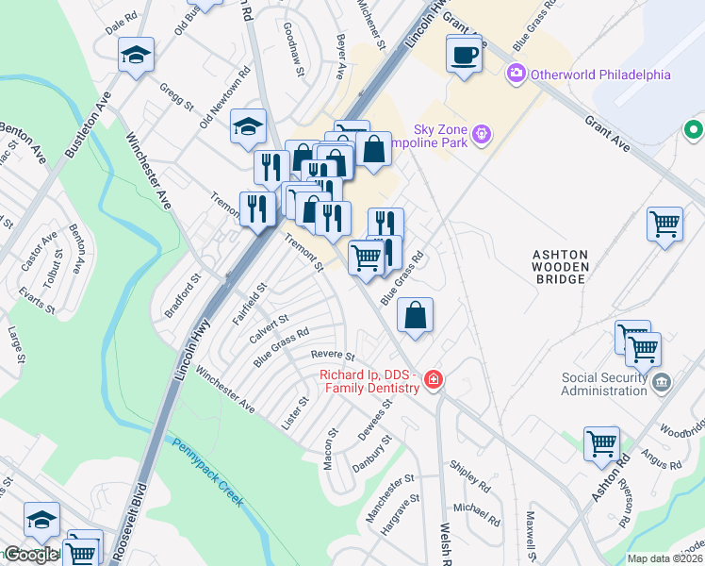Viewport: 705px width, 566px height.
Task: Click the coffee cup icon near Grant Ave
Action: pyautogui.click(x=463, y=55)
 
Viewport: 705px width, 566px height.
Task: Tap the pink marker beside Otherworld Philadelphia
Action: pyautogui.click(x=516, y=74)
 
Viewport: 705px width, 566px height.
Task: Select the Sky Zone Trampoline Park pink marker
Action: pyautogui.click(x=482, y=135)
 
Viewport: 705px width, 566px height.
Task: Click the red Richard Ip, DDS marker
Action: pyautogui.click(x=433, y=380)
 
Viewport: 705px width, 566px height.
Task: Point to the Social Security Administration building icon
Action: pyautogui.click(x=661, y=382)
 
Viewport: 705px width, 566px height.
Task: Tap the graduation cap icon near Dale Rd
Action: pyautogui.click(x=137, y=56)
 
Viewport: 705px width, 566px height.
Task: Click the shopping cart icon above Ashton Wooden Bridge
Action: pyautogui.click(x=664, y=225)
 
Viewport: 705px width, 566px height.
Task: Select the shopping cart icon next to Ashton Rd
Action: pyautogui.click(x=601, y=442)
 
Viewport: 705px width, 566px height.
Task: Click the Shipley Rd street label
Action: pyautogui.click(x=469, y=477)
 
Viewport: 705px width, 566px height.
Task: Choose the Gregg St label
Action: pyautogui.click(x=174, y=95)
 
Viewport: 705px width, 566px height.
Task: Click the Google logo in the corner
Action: pyautogui.click(x=30, y=554)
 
